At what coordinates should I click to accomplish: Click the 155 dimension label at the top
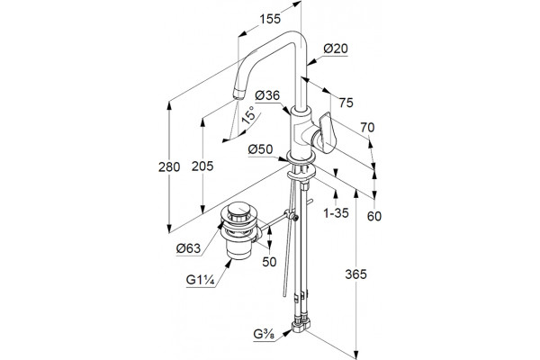pos(270,19)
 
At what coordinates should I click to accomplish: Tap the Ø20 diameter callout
pos(336,49)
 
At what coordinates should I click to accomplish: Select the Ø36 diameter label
pos(267,95)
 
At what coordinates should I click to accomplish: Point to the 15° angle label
pos(248,114)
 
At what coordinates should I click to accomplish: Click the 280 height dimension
pos(169,167)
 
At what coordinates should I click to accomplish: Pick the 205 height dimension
pos(202,166)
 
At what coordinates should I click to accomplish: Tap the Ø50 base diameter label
pos(260,149)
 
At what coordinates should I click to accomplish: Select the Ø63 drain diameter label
pos(188,248)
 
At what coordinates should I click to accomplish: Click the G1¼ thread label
pos(201,280)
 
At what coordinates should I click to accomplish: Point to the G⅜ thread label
pos(264,334)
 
